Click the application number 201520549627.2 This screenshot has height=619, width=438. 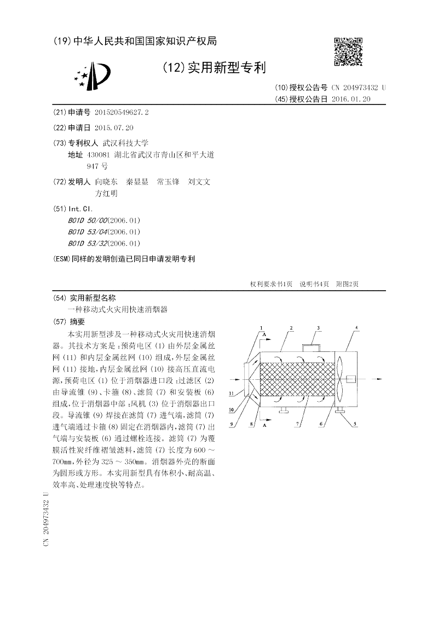[122, 112]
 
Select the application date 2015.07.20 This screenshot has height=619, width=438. [114, 128]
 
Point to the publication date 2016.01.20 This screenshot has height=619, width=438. [351, 99]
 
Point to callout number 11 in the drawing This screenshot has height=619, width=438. [232, 392]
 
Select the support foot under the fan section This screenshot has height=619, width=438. [338, 411]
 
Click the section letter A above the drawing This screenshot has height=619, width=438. [264, 334]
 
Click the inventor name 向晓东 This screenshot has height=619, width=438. [106, 182]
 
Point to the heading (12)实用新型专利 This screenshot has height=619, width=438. [215, 68]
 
